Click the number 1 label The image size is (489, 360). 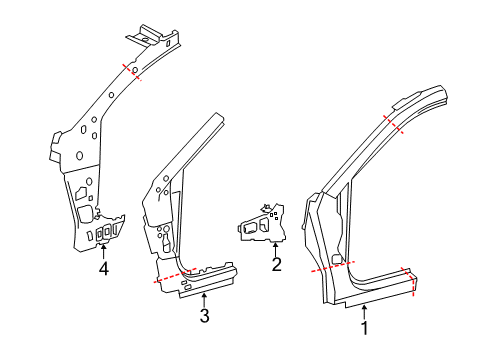click(x=364, y=326)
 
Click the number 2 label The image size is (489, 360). click(x=275, y=266)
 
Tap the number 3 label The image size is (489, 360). click(x=204, y=316)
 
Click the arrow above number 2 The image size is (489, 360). click(x=275, y=251)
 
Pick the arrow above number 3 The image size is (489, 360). click(x=204, y=300)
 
